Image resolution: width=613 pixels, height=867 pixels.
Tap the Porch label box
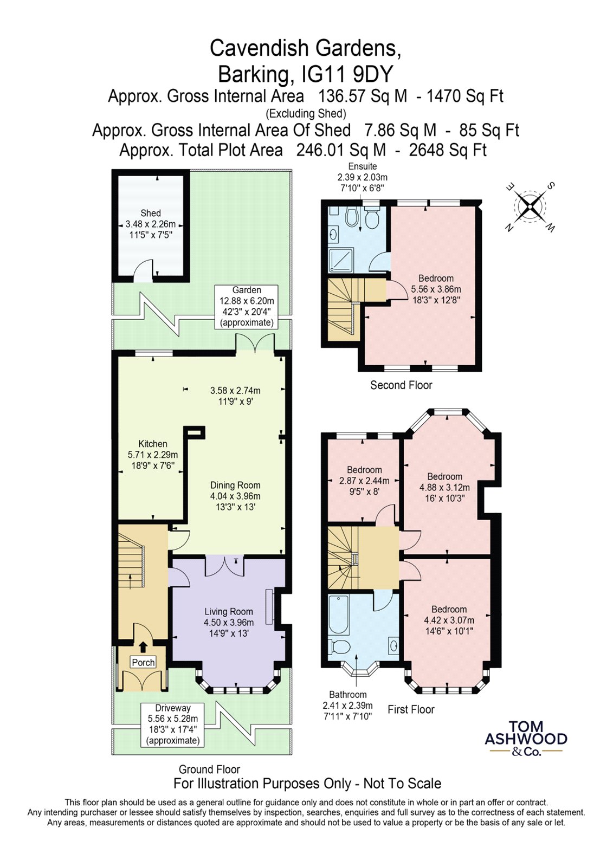coord(143,662)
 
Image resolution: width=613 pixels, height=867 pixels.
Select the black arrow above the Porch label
coord(143,647)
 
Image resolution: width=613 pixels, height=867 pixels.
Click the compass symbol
coord(529,207)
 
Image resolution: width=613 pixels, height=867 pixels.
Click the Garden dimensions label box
coord(246,307)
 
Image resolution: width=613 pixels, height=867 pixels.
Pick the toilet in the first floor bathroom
coord(339,646)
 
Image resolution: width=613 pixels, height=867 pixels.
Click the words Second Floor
coord(401,385)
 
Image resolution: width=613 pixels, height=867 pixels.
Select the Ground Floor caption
coord(209,769)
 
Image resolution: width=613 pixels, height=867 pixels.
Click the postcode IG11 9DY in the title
coord(347,74)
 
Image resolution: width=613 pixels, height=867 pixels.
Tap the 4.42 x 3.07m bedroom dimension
coord(449,620)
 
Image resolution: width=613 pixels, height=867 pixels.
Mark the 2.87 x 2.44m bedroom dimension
coord(364,481)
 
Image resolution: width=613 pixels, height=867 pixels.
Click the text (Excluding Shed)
coord(306,113)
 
